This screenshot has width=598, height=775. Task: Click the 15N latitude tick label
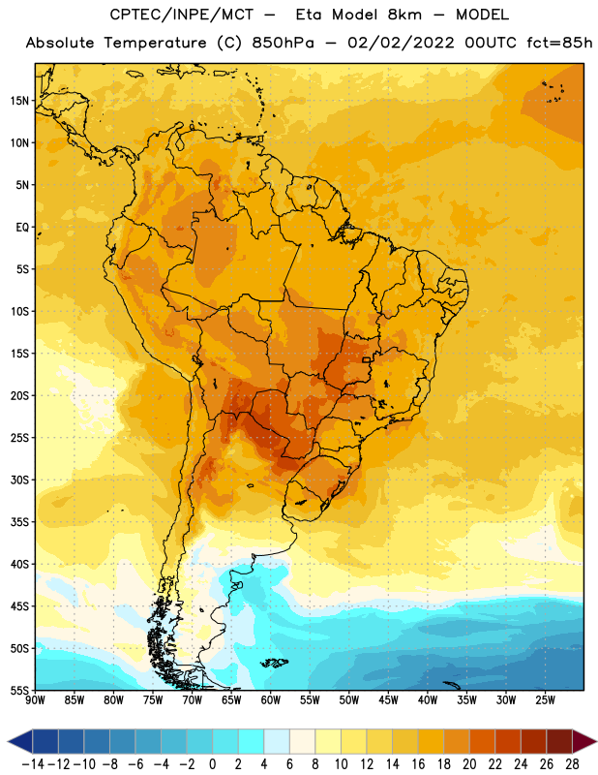click(19, 101)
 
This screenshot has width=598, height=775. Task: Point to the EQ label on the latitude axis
click(22, 228)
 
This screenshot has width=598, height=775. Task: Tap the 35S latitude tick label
click(19, 522)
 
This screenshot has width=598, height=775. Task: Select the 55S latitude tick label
click(19, 691)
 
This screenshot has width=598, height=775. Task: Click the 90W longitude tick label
click(35, 700)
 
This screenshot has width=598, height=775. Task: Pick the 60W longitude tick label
click(271, 700)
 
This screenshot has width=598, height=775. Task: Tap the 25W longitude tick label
click(545, 700)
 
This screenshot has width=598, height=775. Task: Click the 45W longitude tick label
click(388, 700)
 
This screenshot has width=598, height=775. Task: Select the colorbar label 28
click(572, 764)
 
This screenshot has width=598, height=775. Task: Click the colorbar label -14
click(33, 764)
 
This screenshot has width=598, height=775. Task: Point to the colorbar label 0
click(212, 764)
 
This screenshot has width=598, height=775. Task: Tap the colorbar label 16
click(418, 764)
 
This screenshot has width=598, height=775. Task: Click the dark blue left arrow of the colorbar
click(20, 742)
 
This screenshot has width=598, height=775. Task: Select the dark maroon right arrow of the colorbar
click(584, 742)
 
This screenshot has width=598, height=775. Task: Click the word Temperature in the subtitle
click(156, 43)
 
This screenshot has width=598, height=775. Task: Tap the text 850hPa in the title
click(283, 43)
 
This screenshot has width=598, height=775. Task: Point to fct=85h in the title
click(559, 43)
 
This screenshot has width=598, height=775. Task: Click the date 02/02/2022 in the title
click(401, 43)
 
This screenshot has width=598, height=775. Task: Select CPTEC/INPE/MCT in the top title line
click(182, 15)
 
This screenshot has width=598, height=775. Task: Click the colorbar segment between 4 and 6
click(277, 742)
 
